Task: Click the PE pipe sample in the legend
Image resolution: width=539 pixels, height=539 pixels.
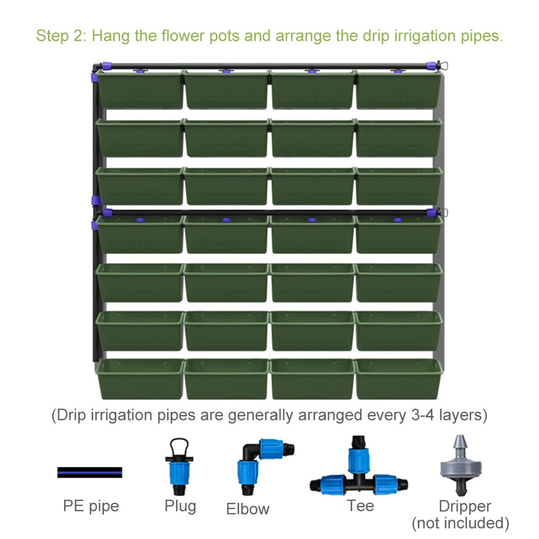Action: (x=89, y=472)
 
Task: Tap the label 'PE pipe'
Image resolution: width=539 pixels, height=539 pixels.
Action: (x=91, y=506)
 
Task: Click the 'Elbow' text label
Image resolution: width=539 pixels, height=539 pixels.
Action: (x=248, y=509)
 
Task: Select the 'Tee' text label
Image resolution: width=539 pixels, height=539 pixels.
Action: (x=360, y=506)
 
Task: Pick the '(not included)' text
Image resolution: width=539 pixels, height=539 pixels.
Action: (x=460, y=522)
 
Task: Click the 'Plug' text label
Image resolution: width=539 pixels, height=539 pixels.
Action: (x=180, y=506)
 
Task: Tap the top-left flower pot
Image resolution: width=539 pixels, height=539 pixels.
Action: (x=140, y=89)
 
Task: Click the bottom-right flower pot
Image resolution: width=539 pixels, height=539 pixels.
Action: (x=399, y=379)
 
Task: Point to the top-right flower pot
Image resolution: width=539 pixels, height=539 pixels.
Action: (x=399, y=89)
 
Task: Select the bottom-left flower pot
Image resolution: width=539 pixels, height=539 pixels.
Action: (x=140, y=379)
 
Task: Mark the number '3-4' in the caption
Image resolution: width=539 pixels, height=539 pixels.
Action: (x=416, y=416)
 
